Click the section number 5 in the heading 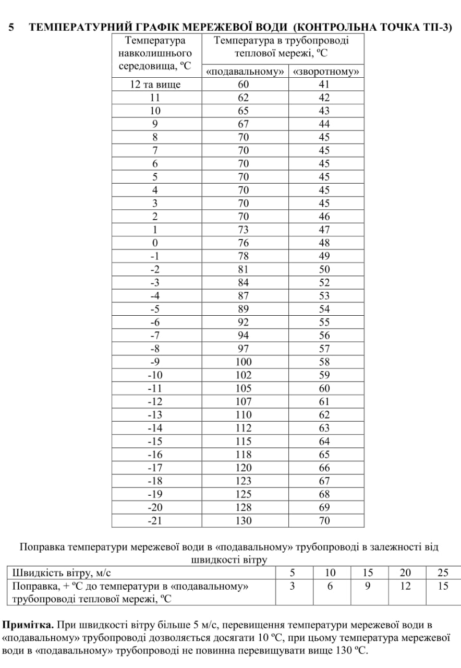(11, 28)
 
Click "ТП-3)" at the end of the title (438, 28)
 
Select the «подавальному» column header (246, 71)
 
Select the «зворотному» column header (326, 71)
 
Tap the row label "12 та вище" (155, 85)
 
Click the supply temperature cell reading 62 (243, 98)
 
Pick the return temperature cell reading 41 (324, 85)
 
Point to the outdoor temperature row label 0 (155, 243)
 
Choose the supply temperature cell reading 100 (243, 362)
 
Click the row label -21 (155, 520)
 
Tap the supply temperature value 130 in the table (243, 520)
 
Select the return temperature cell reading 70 (324, 520)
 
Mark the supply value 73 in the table (243, 230)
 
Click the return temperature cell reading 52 (324, 282)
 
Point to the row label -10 (155, 375)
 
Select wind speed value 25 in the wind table (443, 572)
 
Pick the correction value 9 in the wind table (368, 586)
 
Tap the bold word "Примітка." (28, 625)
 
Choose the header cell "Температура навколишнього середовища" (155, 53)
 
